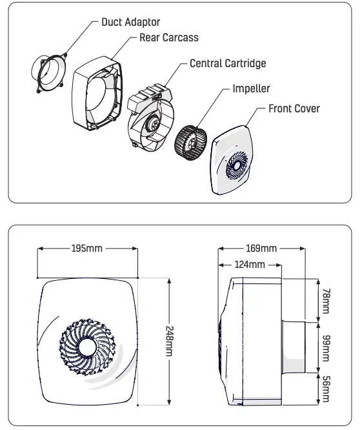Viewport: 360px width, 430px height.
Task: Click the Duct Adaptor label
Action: click(x=130, y=22)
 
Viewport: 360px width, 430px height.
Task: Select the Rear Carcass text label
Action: click(x=169, y=38)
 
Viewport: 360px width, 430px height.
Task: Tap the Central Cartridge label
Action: click(x=227, y=64)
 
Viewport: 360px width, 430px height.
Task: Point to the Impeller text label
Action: click(x=251, y=88)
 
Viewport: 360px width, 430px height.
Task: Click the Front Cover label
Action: click(x=294, y=108)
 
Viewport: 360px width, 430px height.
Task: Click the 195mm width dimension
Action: click(x=86, y=249)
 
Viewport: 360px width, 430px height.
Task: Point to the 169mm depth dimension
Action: click(x=261, y=249)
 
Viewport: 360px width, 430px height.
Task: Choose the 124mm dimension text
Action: click(x=249, y=265)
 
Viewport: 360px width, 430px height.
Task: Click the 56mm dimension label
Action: click(x=325, y=389)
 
